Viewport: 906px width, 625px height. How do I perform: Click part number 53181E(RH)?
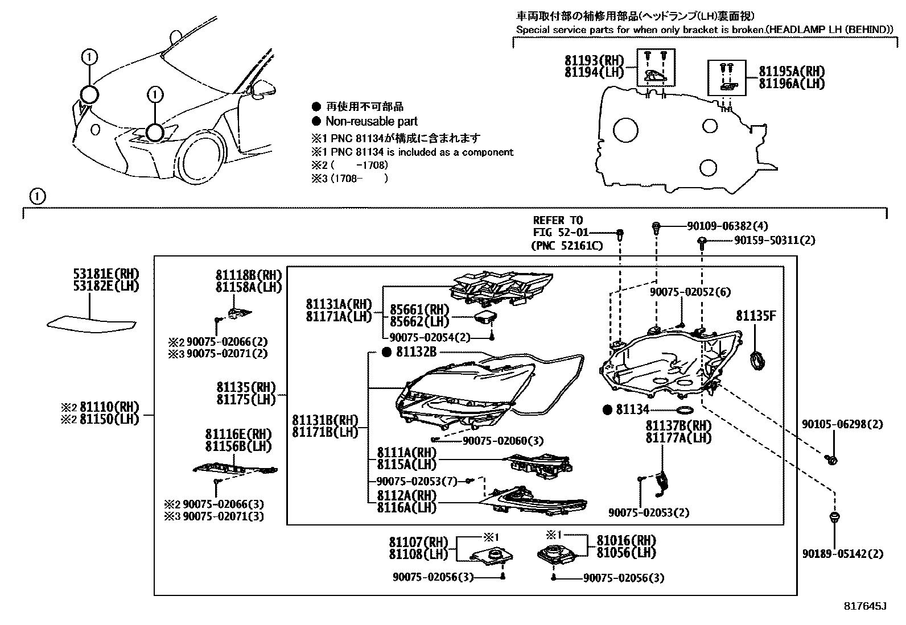coord(106,274)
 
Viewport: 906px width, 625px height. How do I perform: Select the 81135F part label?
coord(755,316)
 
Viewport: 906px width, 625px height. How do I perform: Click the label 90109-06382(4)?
coord(727,226)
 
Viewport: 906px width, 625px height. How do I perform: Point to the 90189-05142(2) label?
coord(843,553)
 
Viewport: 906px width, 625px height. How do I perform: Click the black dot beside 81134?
coord(607,410)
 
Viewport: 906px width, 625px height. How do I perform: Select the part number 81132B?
coord(416,353)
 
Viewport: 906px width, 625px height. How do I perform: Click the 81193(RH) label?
coord(594,60)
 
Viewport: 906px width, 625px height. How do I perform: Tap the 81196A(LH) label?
coord(792,83)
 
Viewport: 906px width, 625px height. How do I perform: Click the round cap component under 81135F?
coord(757,361)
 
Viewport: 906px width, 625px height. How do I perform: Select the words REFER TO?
coord(558,220)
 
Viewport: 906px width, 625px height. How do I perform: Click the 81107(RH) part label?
coord(418,542)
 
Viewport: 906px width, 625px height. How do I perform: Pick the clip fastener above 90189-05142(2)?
coord(834,518)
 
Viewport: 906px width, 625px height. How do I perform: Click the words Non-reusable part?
coord(371,121)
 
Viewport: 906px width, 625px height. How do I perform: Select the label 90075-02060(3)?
coord(503,441)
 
